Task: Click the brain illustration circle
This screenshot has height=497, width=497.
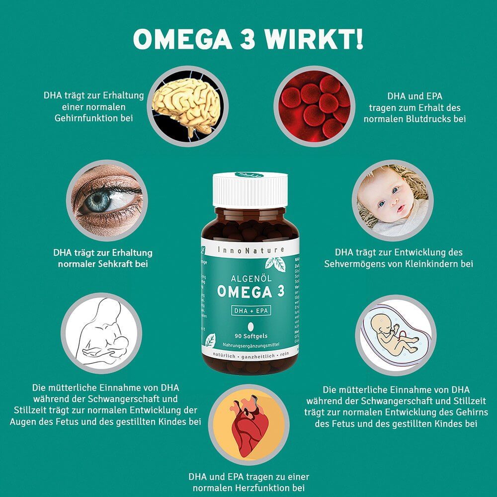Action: [185, 105]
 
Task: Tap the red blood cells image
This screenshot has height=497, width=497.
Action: [315, 105]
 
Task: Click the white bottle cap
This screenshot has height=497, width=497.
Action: [250, 189]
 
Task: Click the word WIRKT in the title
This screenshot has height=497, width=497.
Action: [318, 40]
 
